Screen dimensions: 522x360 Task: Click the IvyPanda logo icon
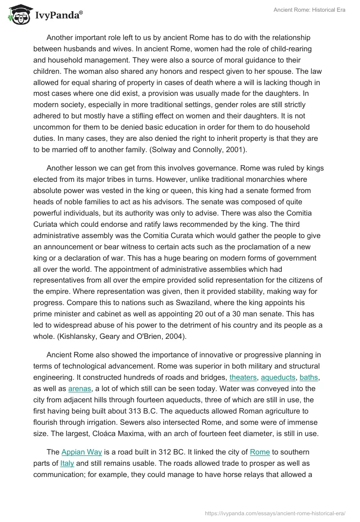(19, 14)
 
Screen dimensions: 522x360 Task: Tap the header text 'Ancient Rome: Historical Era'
(309, 10)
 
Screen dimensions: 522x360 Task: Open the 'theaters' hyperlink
(243, 378)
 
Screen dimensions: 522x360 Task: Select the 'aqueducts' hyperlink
(278, 378)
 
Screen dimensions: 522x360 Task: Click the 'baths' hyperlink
(309, 378)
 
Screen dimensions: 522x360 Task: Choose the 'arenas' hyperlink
(80, 388)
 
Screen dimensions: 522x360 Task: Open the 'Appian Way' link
(81, 452)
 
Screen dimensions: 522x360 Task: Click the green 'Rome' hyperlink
(260, 452)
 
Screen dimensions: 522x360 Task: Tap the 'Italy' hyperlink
(67, 463)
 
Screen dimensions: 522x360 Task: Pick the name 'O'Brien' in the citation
(152, 336)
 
